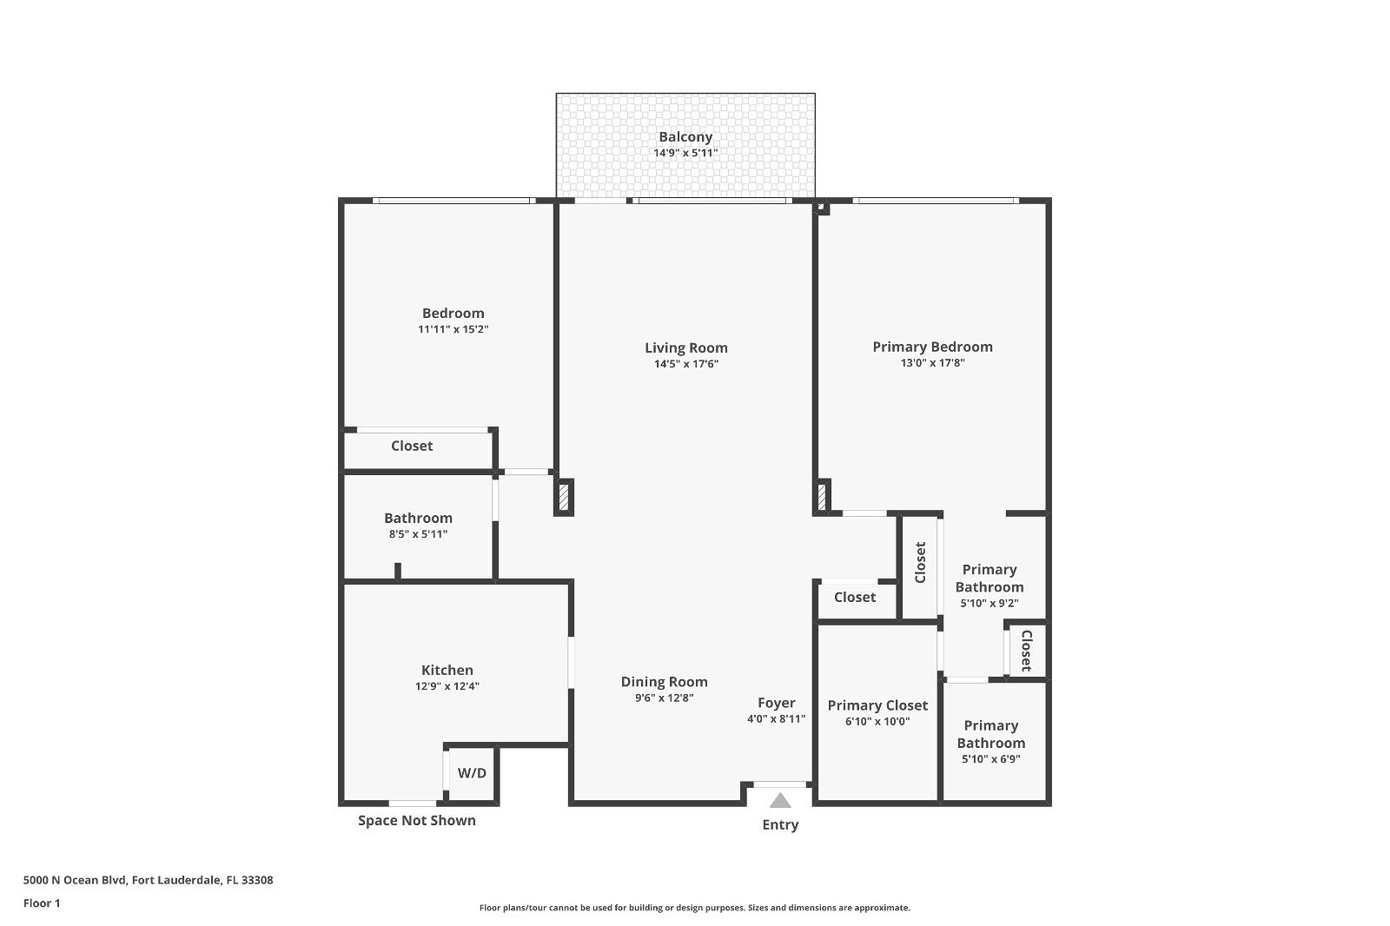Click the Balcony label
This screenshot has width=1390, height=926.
pos(685,136)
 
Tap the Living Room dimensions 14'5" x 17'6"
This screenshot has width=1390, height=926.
pos(685,364)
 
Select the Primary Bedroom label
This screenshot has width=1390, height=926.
pos(932,347)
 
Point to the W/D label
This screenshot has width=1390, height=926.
pos(472,773)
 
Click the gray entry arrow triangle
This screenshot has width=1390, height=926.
pos(780,801)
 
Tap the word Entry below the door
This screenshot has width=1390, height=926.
pos(780,825)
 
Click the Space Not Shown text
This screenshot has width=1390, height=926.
pos(416,821)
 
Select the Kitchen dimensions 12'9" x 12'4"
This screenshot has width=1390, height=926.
pos(447,686)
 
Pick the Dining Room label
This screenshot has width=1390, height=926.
pos(664,682)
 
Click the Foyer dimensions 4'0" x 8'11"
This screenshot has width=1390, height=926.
pos(776,719)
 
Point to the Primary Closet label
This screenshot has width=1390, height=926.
pos(877,705)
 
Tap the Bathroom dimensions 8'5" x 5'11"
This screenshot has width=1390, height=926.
pos(418,534)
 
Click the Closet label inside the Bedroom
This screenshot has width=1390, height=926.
pos(412,446)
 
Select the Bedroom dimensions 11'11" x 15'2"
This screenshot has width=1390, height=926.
pos(453,329)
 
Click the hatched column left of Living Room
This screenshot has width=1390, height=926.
pos(564,497)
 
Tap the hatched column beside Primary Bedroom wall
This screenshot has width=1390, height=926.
pos(821,497)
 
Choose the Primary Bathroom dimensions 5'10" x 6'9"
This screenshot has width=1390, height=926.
pos(990,759)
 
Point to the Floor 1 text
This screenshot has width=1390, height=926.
pos(42,903)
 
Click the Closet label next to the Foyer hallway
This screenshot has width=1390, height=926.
pos(855,597)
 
